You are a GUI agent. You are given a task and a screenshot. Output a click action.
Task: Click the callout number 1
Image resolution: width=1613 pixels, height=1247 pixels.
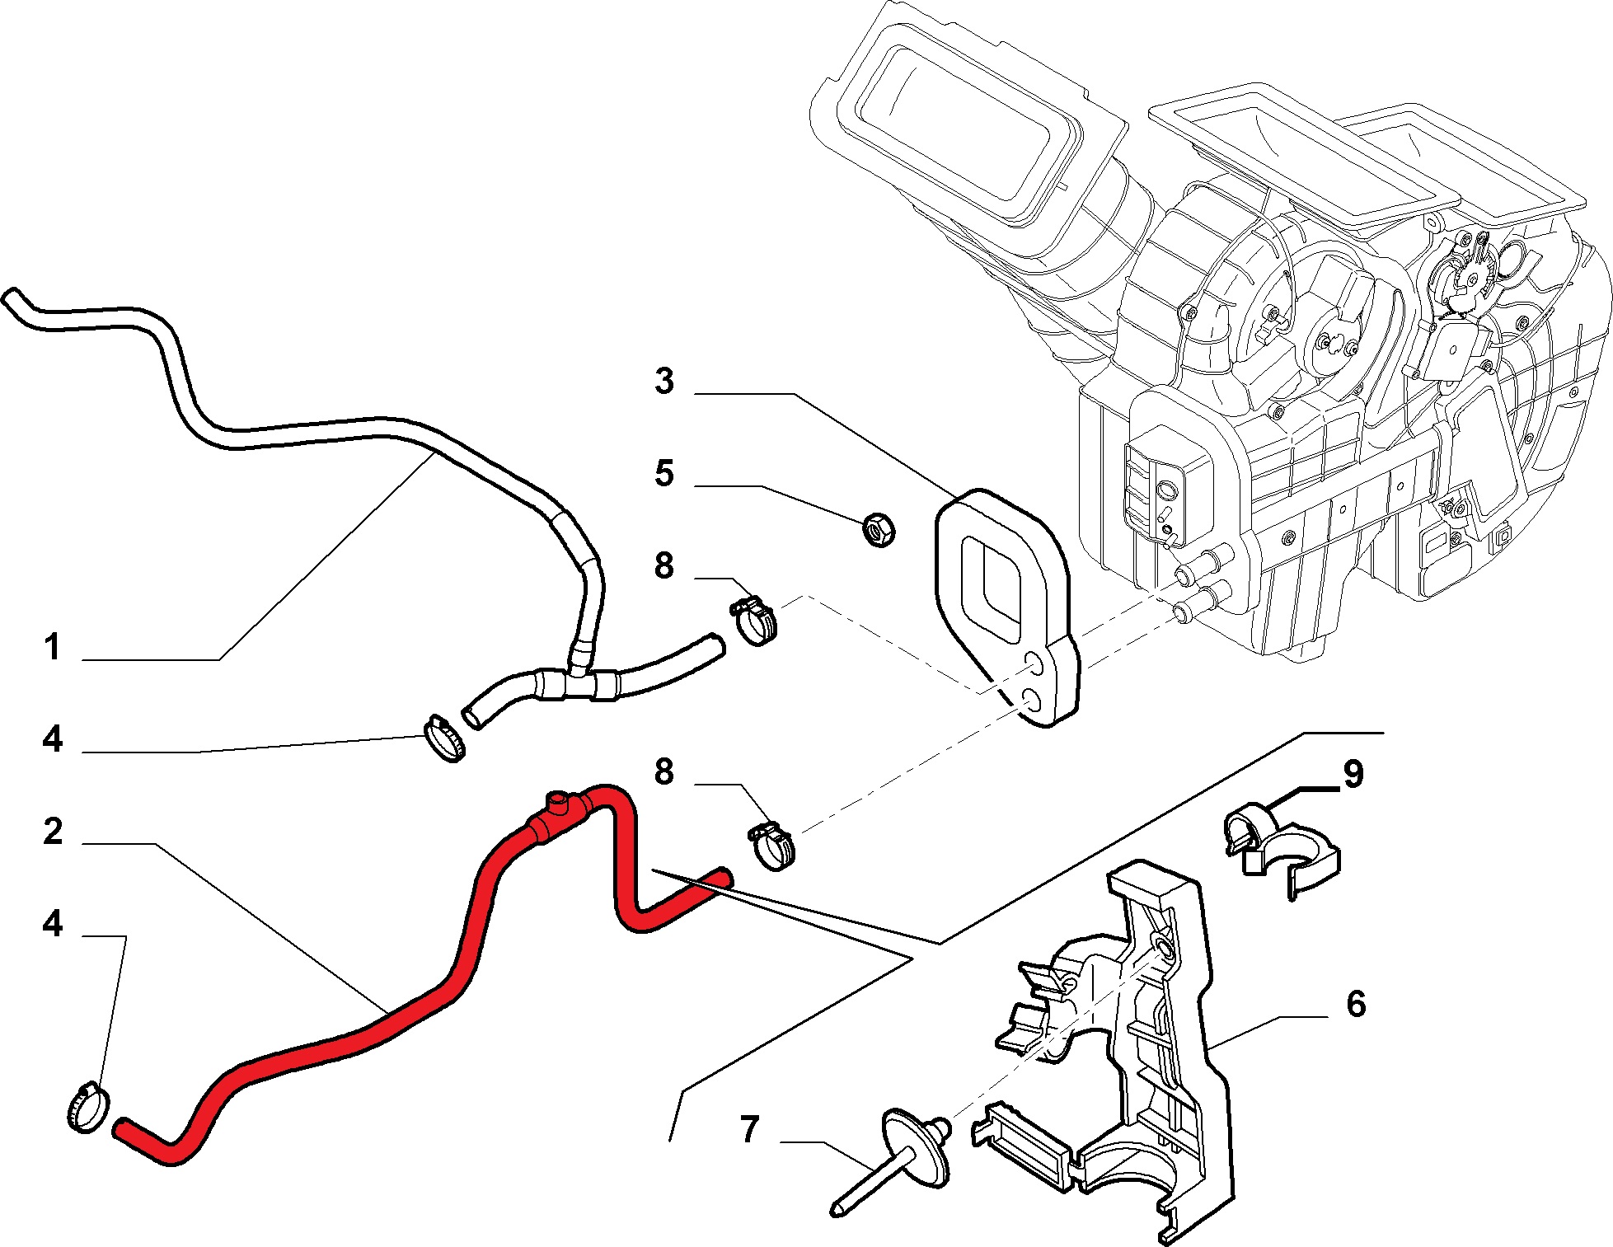(x=53, y=648)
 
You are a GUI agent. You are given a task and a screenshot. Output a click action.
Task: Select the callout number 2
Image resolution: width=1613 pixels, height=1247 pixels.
(x=53, y=832)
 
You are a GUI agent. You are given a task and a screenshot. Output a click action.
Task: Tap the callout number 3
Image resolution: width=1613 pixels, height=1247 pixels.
(x=664, y=382)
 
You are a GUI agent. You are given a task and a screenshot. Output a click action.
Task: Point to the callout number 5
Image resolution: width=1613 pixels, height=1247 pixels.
(x=664, y=474)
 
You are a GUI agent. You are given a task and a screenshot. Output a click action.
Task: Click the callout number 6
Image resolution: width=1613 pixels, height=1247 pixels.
(x=1356, y=1004)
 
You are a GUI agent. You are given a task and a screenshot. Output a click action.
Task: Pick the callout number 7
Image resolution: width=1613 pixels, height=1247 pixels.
(x=748, y=1129)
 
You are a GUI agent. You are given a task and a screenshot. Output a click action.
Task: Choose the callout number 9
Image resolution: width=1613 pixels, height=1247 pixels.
(x=1354, y=774)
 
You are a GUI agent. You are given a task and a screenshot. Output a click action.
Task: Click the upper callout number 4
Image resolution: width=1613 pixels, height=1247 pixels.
(x=53, y=740)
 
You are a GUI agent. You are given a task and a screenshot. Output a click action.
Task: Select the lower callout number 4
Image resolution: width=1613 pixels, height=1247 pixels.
(x=53, y=925)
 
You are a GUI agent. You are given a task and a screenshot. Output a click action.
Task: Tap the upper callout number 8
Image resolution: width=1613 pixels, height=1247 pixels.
(x=664, y=566)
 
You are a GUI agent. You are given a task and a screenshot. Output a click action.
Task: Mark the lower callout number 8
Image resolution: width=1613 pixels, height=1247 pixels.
(x=664, y=772)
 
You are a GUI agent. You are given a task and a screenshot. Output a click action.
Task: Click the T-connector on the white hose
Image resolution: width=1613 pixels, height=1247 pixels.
(x=577, y=680)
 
